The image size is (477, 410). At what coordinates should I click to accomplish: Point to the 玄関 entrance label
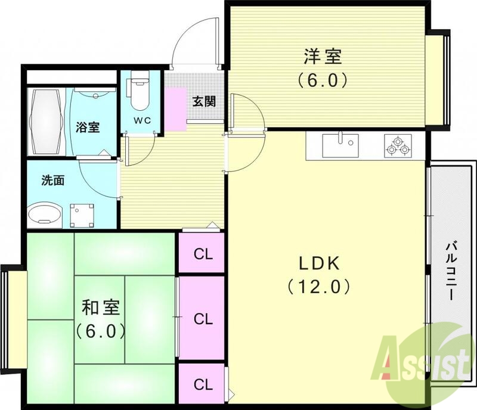tap(203, 101)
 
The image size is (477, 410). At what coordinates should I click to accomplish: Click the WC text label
tap(141, 120)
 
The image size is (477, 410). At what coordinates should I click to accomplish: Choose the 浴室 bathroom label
tap(88, 126)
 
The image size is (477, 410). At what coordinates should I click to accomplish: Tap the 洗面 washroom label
tap(52, 180)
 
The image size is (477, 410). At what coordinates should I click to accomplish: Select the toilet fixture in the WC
tap(140, 92)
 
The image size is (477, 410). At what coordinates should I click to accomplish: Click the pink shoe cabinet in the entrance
tap(176, 107)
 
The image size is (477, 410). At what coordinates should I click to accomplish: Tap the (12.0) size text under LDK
tap(318, 287)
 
